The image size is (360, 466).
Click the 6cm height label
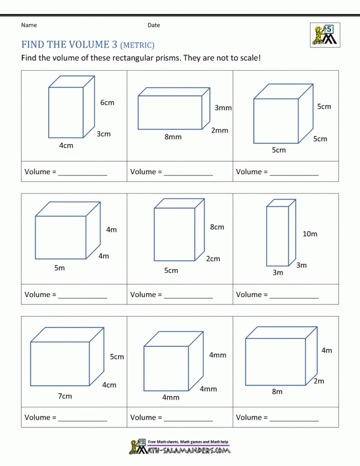(x=107, y=103)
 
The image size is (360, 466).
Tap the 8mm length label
(x=173, y=137)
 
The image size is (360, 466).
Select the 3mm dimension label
(x=223, y=108)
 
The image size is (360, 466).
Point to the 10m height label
(x=310, y=234)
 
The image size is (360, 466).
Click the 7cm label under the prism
(x=65, y=396)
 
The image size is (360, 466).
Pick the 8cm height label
(x=217, y=227)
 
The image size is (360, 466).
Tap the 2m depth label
(x=319, y=381)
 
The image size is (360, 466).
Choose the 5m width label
(x=60, y=268)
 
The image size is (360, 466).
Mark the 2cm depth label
(x=213, y=259)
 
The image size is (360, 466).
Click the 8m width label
(x=277, y=392)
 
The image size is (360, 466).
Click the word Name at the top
(x=29, y=25)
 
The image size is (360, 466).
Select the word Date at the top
(x=154, y=25)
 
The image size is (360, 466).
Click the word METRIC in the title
(x=137, y=45)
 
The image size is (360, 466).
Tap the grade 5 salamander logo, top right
(x=325, y=35)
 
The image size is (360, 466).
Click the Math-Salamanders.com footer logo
(x=180, y=446)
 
